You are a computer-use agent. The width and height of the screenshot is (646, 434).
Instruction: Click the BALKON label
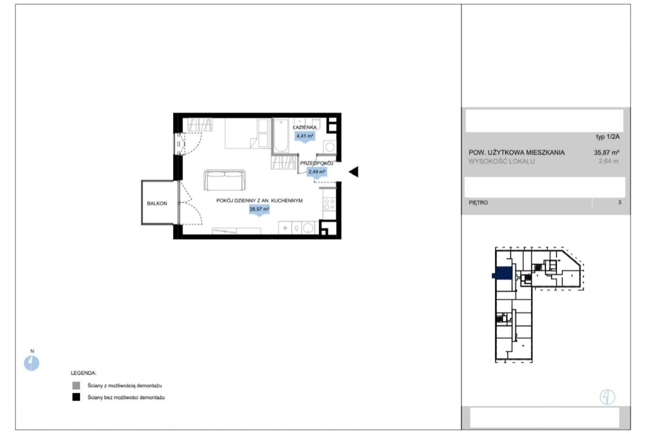click(x=157, y=203)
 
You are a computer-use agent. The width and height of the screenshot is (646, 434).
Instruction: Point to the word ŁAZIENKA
click(x=305, y=128)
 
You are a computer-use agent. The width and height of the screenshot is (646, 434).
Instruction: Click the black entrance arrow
click(x=353, y=171)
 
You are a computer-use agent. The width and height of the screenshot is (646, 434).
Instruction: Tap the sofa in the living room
click(x=225, y=180)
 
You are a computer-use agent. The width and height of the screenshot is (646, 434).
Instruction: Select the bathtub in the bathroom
click(x=281, y=135)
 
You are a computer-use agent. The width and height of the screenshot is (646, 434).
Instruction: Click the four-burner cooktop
click(x=329, y=204)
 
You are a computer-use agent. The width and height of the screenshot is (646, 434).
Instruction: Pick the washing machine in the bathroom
click(x=330, y=147)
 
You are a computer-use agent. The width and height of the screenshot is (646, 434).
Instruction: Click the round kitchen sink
click(x=308, y=228)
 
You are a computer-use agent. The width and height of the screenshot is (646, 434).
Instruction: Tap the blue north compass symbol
click(x=31, y=363)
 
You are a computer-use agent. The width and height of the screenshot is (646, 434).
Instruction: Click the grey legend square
click(x=76, y=386)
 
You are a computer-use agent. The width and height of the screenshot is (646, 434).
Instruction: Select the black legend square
click(x=76, y=398)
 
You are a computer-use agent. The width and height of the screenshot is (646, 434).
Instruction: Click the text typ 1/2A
click(x=608, y=137)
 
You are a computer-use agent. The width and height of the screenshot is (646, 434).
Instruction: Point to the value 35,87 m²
click(x=606, y=152)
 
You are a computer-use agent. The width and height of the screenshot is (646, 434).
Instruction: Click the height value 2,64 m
click(x=608, y=161)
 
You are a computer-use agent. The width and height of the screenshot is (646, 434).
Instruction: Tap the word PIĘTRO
click(x=478, y=202)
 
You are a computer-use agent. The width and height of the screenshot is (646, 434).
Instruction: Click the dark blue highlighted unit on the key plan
click(x=502, y=274)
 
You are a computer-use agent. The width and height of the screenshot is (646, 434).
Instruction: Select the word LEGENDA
click(x=83, y=373)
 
